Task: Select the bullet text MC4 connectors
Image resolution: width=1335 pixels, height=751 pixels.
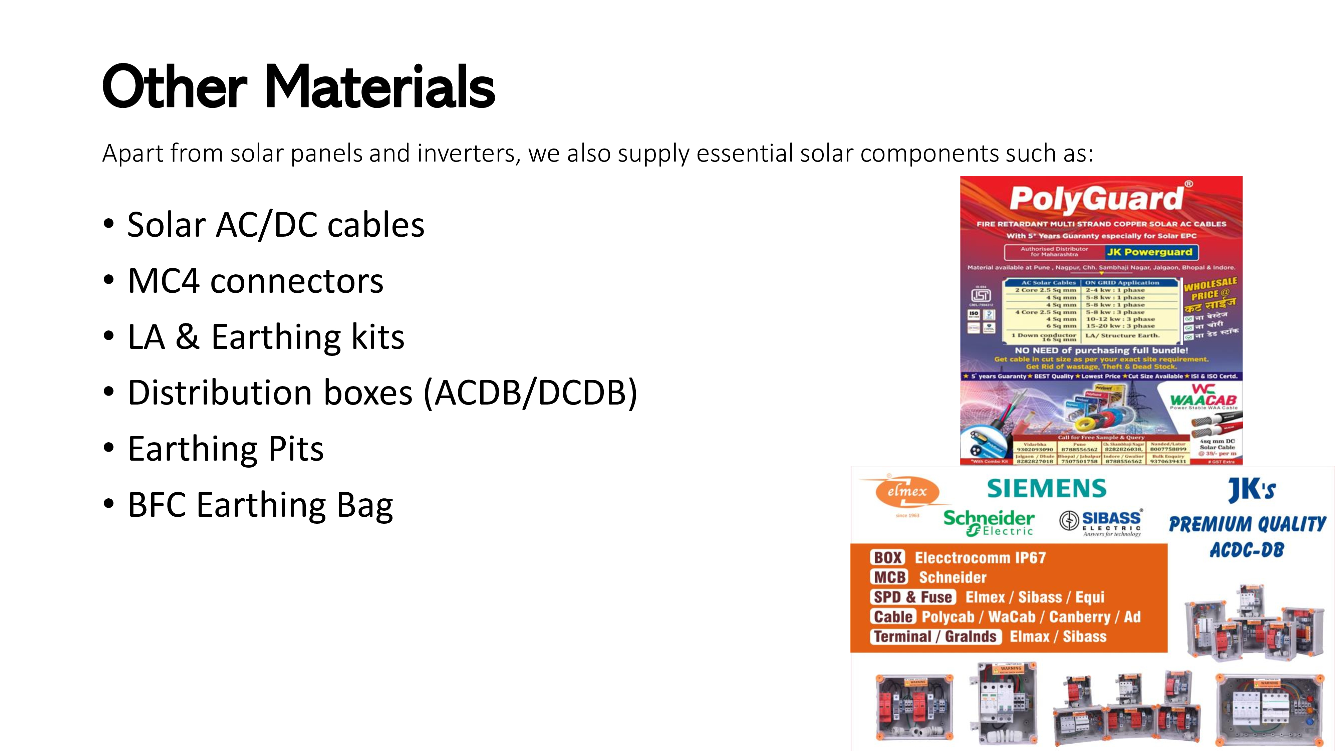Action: click(x=256, y=281)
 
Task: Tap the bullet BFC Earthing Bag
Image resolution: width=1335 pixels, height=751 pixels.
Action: click(x=260, y=505)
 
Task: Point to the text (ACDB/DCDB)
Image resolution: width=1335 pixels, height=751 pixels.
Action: click(x=530, y=393)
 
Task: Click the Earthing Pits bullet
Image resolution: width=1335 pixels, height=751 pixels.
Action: click(x=225, y=449)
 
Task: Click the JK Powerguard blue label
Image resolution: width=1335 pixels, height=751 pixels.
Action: click(x=1149, y=252)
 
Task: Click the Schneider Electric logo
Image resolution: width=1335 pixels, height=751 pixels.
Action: click(x=988, y=522)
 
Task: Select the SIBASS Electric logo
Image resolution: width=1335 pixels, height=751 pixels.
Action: click(x=1101, y=522)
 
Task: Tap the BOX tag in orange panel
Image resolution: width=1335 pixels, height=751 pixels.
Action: click(x=888, y=558)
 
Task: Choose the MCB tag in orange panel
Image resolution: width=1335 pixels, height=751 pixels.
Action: click(x=890, y=577)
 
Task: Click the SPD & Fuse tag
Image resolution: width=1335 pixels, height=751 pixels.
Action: click(x=912, y=597)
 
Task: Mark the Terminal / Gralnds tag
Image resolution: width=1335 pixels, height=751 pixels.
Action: click(x=935, y=637)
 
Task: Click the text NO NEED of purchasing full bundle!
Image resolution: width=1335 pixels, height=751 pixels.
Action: click(x=1101, y=350)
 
